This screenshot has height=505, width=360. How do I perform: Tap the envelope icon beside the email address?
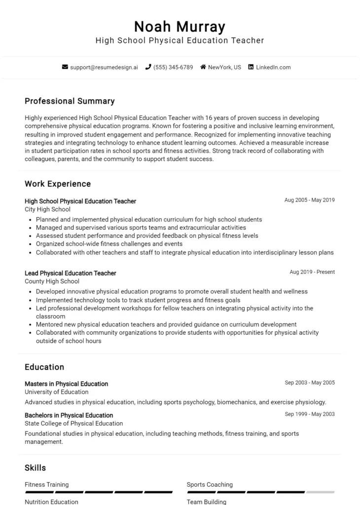coord(65,67)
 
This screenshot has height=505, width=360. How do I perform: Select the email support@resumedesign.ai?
coord(104,67)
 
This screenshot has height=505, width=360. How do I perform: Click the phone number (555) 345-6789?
coord(173,67)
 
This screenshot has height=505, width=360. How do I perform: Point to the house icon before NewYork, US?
coord(203,67)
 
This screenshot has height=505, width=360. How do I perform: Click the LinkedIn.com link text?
coord(273,67)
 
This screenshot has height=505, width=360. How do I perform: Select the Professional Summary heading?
coord(70,101)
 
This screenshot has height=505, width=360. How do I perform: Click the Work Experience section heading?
coord(58,184)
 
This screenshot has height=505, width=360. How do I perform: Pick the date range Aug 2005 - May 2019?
coord(309,200)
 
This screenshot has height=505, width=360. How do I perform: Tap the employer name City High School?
coord(47,209)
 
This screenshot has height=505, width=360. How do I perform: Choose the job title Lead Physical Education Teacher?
coord(71,273)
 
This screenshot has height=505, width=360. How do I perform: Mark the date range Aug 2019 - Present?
coord(312,272)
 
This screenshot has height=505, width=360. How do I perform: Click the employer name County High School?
coord(52,281)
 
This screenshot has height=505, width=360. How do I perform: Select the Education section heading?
coord(44,367)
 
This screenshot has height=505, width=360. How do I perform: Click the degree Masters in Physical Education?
coord(67,384)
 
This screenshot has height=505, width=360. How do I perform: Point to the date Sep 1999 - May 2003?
coord(310,414)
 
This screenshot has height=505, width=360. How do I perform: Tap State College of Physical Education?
coord(74,423)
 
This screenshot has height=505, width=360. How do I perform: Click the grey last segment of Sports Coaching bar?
coord(320,492)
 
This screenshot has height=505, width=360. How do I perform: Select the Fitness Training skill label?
coord(47,484)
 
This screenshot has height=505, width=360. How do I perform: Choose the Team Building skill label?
coord(206,502)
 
